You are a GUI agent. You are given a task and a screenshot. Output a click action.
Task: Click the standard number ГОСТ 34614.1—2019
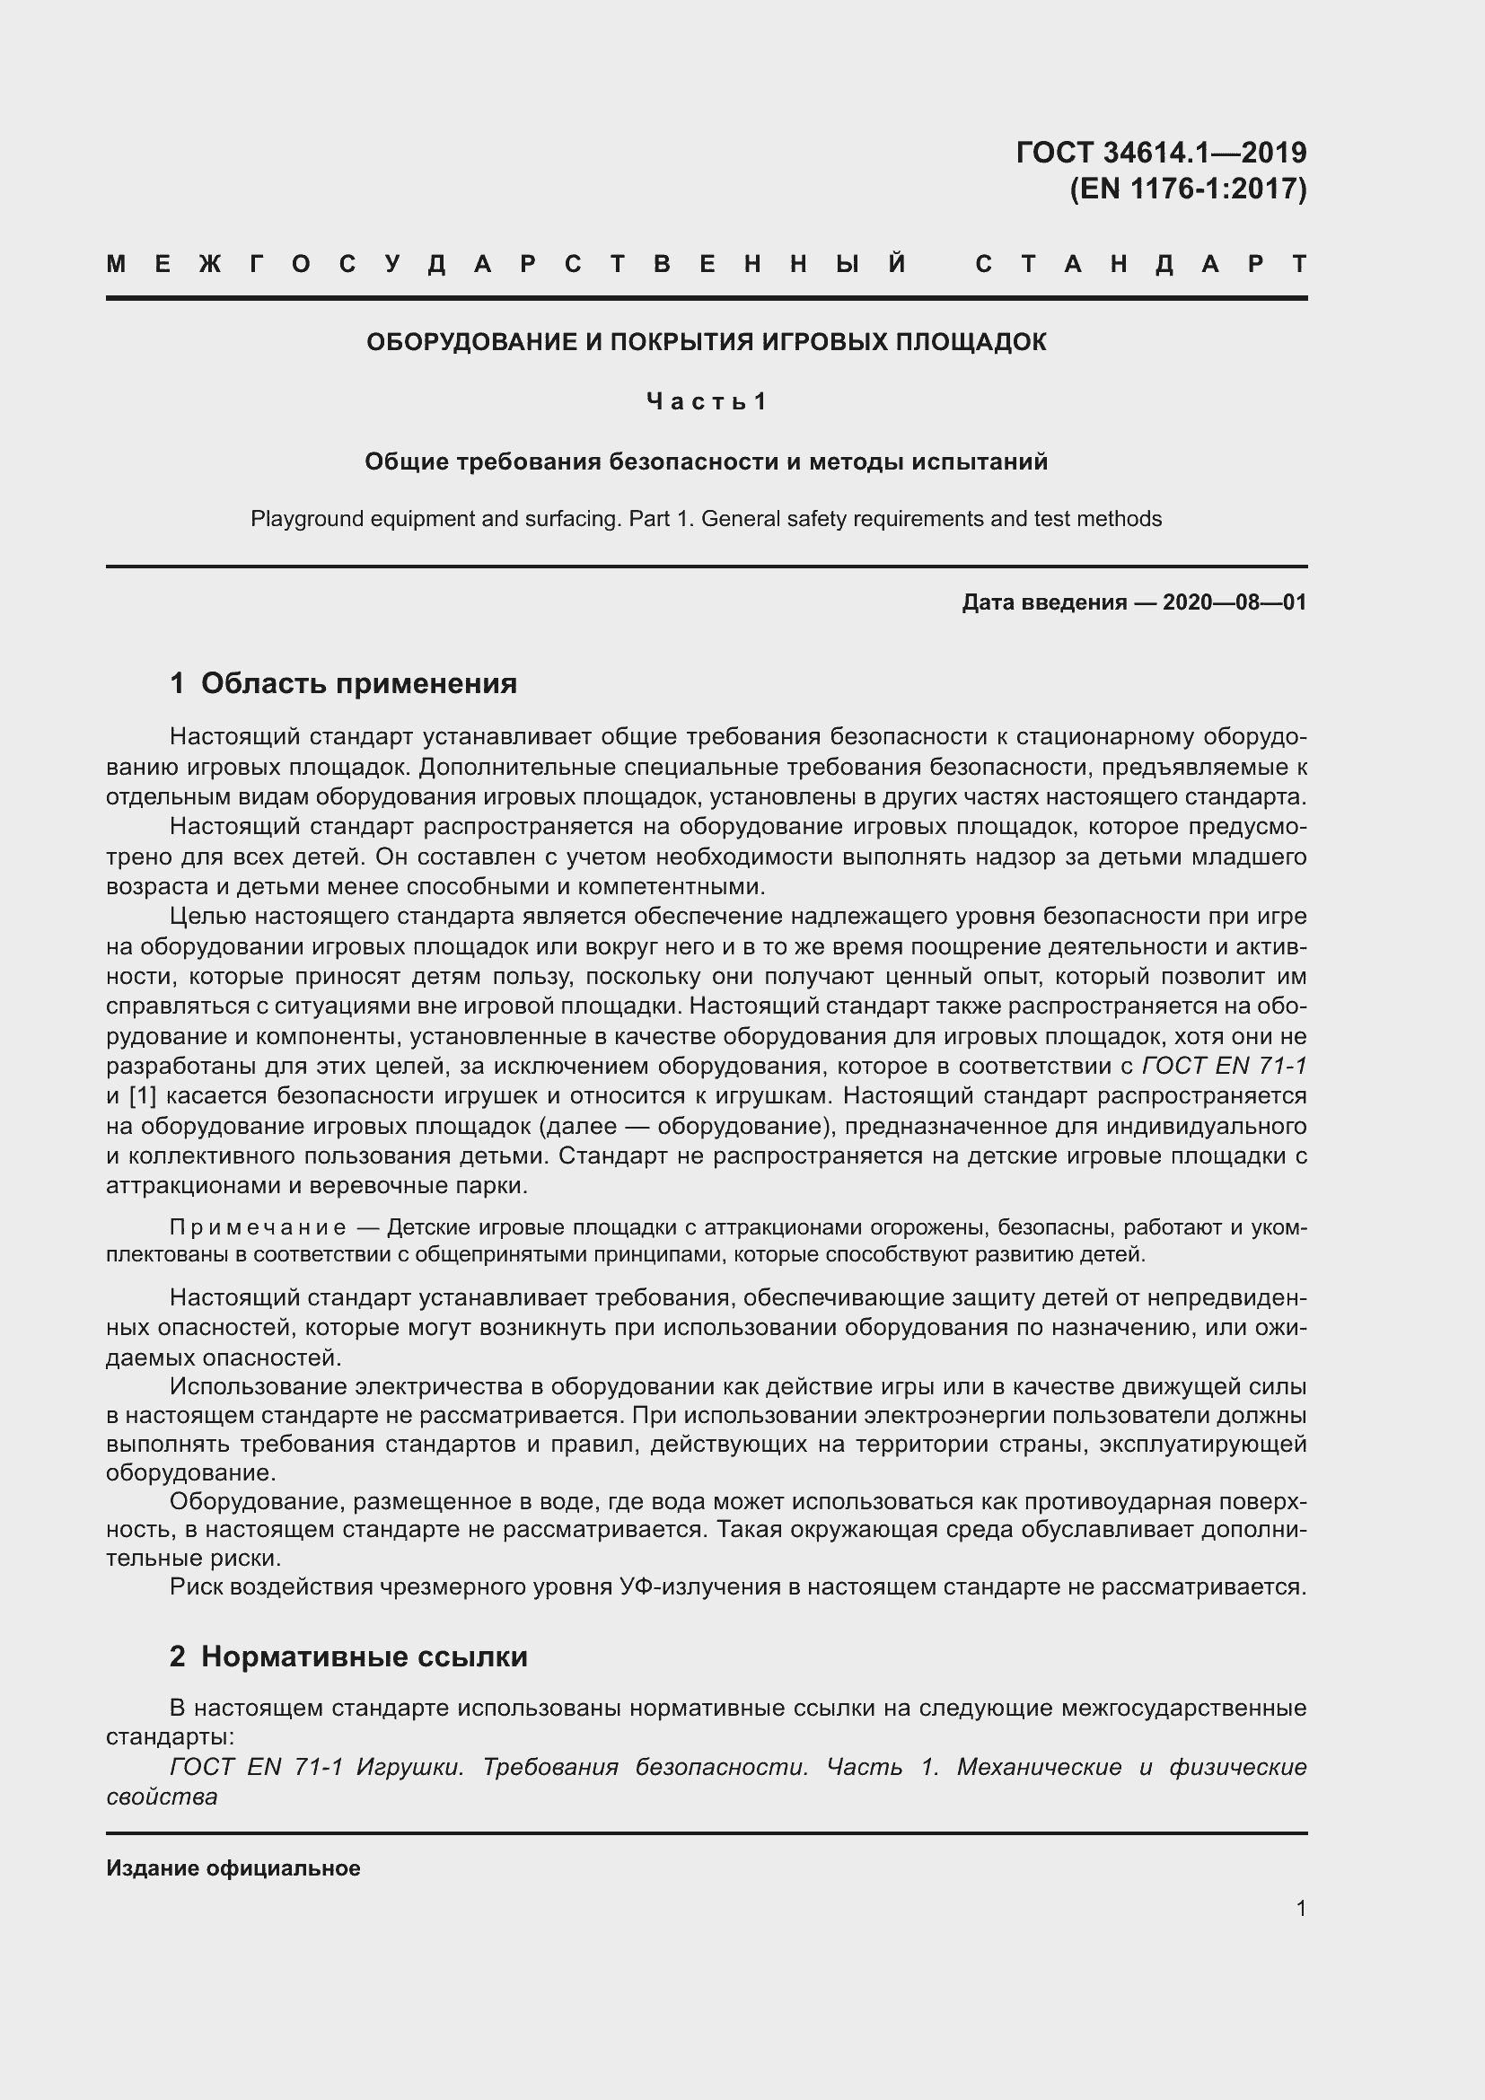[x=1160, y=152]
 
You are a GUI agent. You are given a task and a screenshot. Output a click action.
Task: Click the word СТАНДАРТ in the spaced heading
[x=1140, y=264]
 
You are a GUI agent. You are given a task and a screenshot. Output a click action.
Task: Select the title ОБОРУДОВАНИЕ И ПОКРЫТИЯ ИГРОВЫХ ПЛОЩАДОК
[x=706, y=342]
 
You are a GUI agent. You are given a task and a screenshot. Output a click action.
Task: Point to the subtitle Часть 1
[x=706, y=401]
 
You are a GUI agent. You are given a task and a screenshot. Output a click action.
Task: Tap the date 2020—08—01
[x=1235, y=602]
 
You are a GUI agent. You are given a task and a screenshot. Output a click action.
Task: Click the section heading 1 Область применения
[x=344, y=683]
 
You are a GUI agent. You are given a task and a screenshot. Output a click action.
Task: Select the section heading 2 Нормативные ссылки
[x=348, y=1656]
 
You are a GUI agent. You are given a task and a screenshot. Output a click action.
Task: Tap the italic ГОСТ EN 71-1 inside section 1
[x=1225, y=1067]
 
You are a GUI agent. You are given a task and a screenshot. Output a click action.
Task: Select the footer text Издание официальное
[x=233, y=1868]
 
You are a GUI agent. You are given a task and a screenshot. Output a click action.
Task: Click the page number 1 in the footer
[x=1301, y=1909]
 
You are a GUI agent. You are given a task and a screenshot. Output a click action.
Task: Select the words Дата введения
[x=1043, y=602]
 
